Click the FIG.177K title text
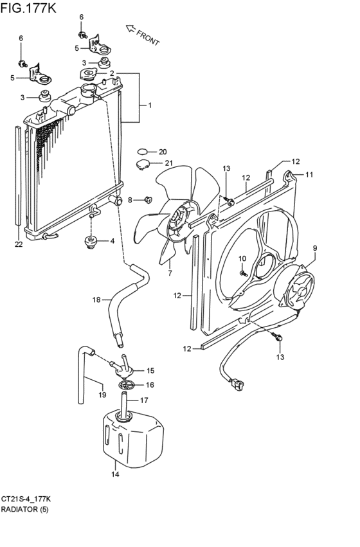pyautogui.click(x=28, y=8)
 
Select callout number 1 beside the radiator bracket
pyautogui.click(x=150, y=105)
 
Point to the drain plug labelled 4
pyautogui.click(x=91, y=242)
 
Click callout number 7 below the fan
pyautogui.click(x=170, y=273)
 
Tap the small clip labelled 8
pyautogui.click(x=148, y=200)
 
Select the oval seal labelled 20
pyautogui.click(x=142, y=152)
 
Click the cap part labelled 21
pyautogui.click(x=142, y=165)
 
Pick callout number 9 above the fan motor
pyautogui.click(x=315, y=248)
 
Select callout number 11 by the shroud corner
pyautogui.click(x=309, y=174)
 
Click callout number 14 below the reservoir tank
pyautogui.click(x=115, y=474)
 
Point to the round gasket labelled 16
pyautogui.click(x=126, y=386)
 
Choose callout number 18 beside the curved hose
pyautogui.click(x=96, y=300)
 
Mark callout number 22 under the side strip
pyautogui.click(x=19, y=244)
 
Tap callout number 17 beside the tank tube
pyautogui.click(x=144, y=400)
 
